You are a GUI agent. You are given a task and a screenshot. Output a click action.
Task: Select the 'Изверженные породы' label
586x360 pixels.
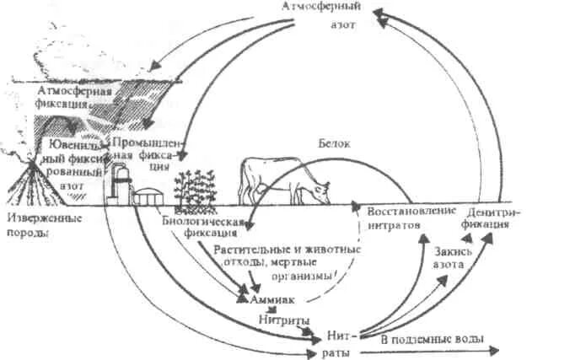click(x=44, y=227)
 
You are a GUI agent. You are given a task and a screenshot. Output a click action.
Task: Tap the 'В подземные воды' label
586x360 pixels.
click(x=432, y=339)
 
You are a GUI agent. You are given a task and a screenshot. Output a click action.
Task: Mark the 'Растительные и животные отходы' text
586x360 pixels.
click(x=287, y=255)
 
